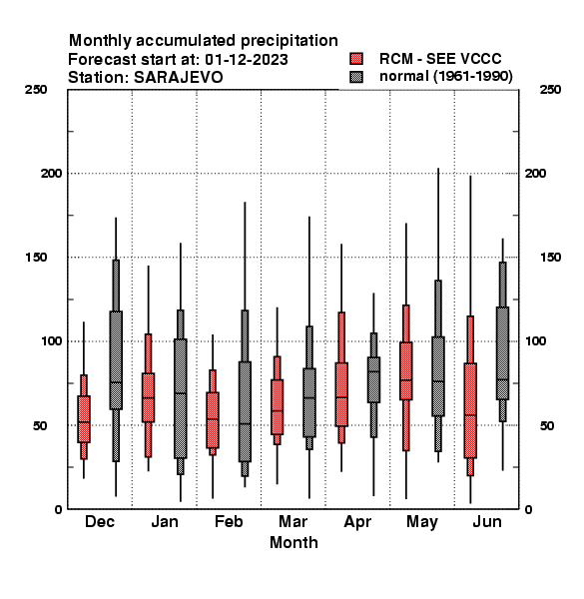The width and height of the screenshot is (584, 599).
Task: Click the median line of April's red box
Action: pos(341,397)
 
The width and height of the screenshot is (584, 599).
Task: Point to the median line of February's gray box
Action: pos(245,424)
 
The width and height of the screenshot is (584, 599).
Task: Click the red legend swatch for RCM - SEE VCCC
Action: pos(356,59)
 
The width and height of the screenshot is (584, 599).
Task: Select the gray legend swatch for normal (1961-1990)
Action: pos(356,77)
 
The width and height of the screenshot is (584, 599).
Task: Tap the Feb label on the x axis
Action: pos(229,521)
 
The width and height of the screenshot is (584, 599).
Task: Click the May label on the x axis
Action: pos(422,522)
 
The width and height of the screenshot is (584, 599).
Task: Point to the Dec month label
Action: pos(100,521)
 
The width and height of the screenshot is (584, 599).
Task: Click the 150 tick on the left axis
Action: pos(36,258)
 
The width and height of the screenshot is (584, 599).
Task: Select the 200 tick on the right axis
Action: pos(535,173)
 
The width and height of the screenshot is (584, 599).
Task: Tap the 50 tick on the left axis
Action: pos(40,425)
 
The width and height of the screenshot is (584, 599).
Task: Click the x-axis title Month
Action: pos(293,542)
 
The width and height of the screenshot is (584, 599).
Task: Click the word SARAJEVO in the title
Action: pos(179,78)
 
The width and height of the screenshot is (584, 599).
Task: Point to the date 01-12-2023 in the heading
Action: pos(247,60)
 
